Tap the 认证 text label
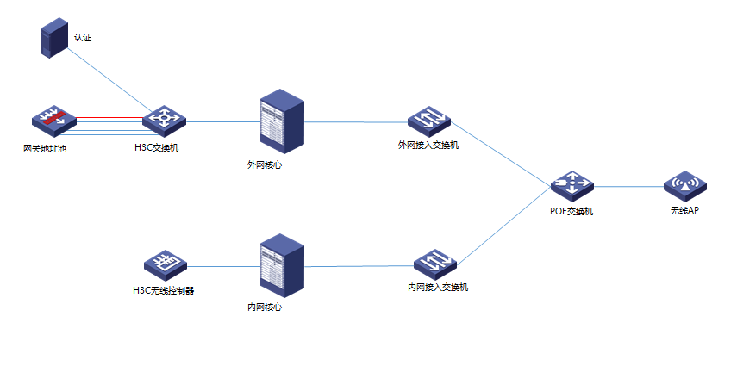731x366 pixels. pos(83,38)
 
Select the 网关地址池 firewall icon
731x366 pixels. pos(54,121)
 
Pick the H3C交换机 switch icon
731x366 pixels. pos(162,121)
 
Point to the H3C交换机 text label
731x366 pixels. pos(156,148)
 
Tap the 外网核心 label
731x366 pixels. pos(264,164)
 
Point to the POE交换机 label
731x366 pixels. pos(571,211)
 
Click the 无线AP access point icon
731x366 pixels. pos(685,185)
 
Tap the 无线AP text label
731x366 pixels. pos(684,211)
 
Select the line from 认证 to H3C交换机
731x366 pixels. pos(108,79)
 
